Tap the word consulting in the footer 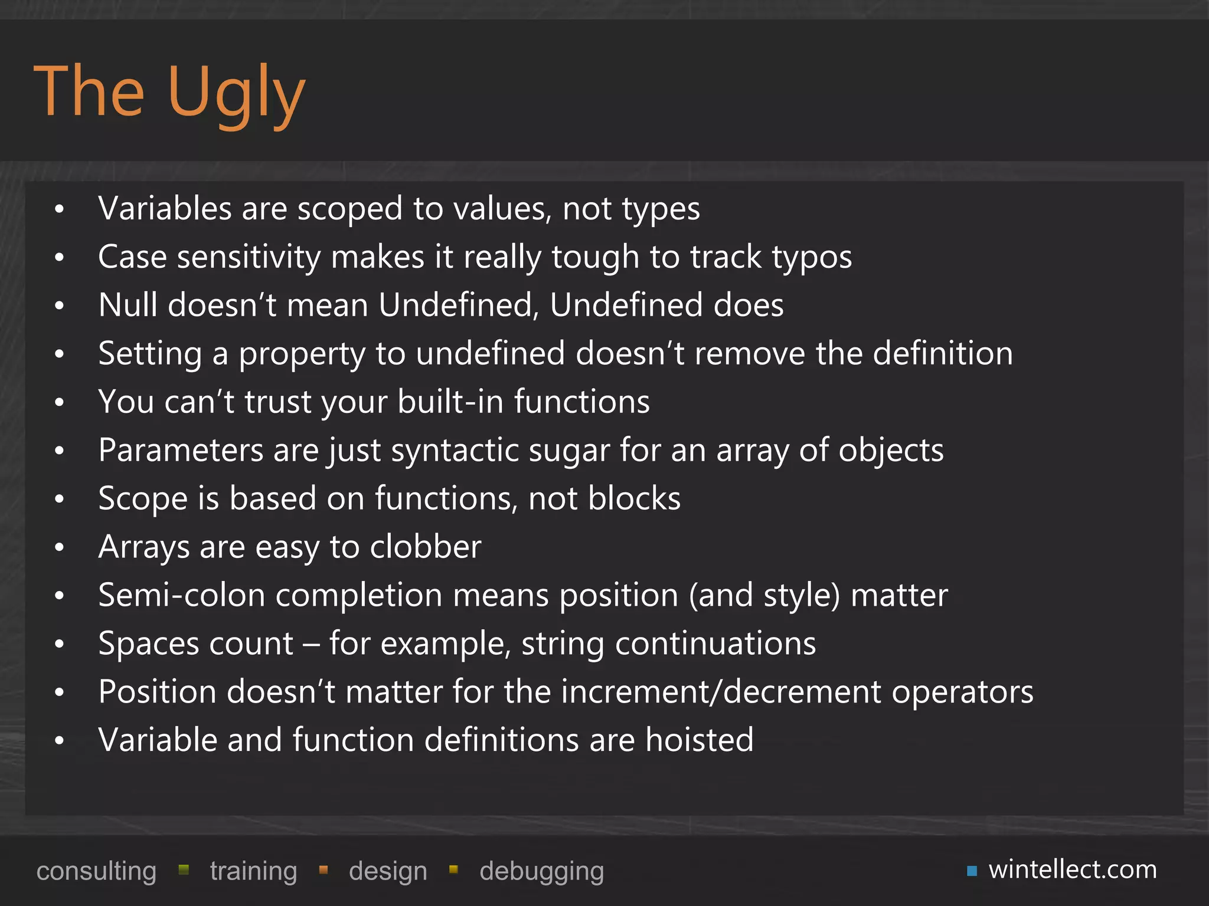(x=96, y=871)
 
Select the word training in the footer (x=253, y=871)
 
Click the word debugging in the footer (x=541, y=871)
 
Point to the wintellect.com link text (x=1073, y=869)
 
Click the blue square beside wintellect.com (x=972, y=871)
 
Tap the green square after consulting (x=184, y=869)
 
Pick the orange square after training (x=323, y=869)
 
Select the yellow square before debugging (x=453, y=869)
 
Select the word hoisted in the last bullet (x=699, y=740)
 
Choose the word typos (x=812, y=258)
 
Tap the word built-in (x=450, y=402)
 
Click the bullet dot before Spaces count (x=59, y=644)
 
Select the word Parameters (x=181, y=451)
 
